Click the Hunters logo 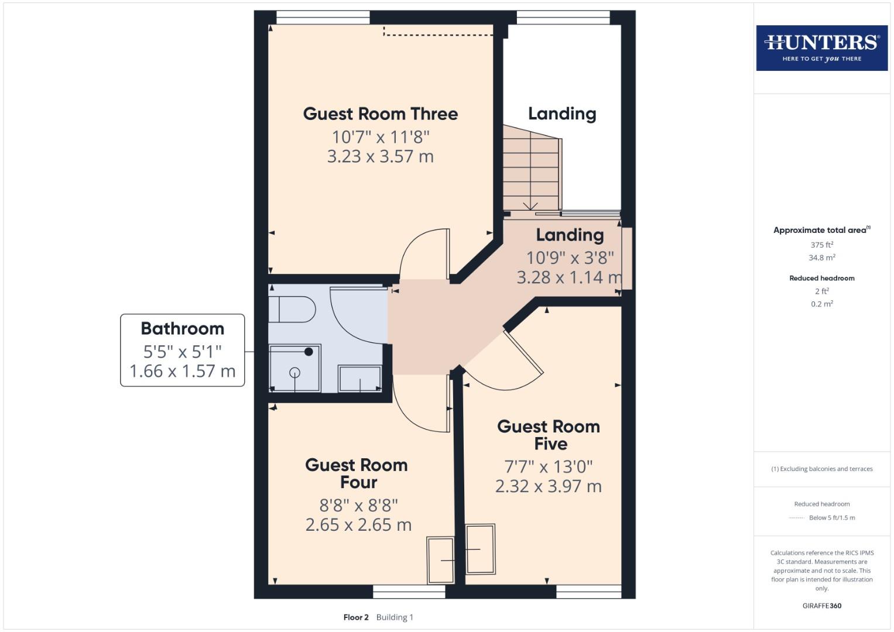(821, 48)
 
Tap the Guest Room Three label (380, 114)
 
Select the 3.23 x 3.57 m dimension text (380, 157)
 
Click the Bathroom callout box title (182, 328)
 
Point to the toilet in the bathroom (292, 310)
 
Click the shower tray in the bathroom (294, 368)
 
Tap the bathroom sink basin (359, 379)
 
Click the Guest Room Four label (357, 473)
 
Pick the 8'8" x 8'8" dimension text (358, 505)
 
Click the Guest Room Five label (549, 435)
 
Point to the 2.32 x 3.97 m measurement (548, 486)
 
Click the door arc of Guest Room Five (503, 369)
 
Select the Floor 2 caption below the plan (356, 617)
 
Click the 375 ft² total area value (821, 245)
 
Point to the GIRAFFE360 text (821, 606)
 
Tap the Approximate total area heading (821, 230)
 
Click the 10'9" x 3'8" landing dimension (570, 257)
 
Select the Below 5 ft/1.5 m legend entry (831, 518)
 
